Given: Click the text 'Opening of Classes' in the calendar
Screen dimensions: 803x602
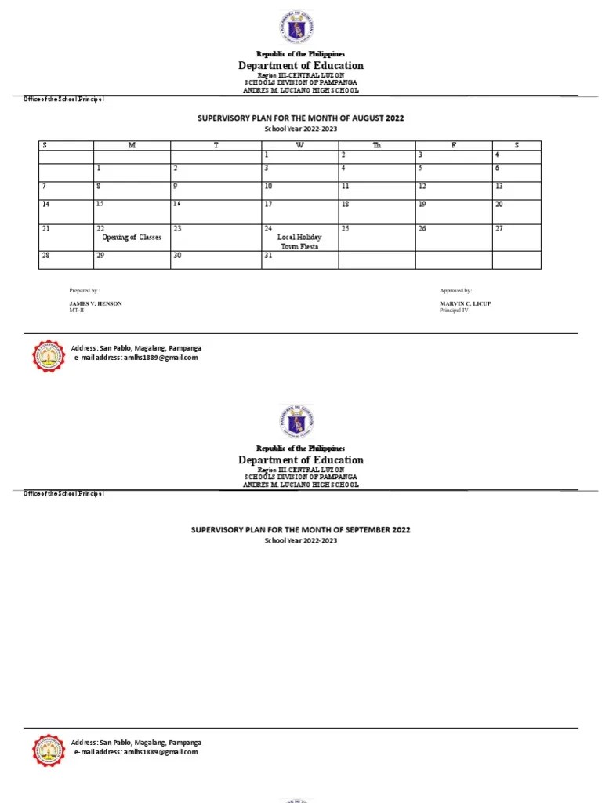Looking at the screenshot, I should [132, 237].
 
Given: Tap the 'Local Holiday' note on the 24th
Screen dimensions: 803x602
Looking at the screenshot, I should [299, 237].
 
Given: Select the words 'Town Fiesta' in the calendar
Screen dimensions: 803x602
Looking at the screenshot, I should [299, 246].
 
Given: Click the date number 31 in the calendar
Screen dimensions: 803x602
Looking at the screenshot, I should [268, 256].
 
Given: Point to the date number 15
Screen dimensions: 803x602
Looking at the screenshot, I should [100, 204].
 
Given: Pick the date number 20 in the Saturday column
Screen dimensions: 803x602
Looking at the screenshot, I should [499, 204].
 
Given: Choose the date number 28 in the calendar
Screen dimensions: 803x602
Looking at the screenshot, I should [45, 256].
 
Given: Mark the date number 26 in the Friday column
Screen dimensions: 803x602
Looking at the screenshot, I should [422, 229].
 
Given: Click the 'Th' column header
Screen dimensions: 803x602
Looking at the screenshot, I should [376, 146].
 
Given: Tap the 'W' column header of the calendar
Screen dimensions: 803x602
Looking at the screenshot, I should [299, 146].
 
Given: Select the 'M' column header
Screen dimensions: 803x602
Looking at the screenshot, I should [132, 146].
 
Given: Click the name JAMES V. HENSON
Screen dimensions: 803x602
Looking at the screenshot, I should [96, 303].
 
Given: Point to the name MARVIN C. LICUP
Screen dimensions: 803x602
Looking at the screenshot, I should [466, 303].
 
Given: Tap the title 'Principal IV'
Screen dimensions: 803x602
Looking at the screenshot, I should [454, 310].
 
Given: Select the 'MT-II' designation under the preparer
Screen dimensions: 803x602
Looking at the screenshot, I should [76, 310].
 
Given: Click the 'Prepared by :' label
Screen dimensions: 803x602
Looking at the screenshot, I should [85, 290].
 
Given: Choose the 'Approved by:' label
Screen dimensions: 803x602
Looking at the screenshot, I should [456, 290].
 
